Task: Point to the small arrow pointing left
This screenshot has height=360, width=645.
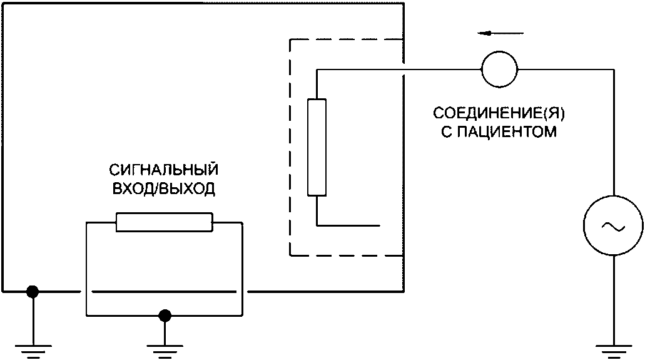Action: (498, 34)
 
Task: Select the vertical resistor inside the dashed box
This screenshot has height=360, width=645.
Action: (317, 147)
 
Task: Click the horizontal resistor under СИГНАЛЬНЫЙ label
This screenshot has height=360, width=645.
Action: (165, 222)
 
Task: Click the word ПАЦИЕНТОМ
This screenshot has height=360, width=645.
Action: (511, 133)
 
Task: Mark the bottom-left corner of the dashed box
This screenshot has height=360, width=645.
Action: (290, 255)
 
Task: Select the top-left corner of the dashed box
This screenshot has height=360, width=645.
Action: (290, 41)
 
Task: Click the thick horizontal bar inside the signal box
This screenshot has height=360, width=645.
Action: (164, 292)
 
